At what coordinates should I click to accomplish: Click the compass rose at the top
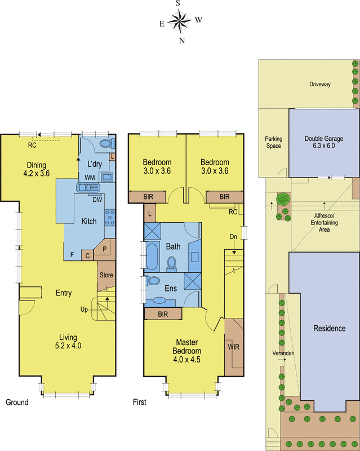coord(180,22)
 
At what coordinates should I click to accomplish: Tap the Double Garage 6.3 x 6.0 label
coord(323,143)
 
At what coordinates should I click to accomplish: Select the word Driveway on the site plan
coord(319,84)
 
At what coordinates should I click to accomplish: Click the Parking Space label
coord(274,142)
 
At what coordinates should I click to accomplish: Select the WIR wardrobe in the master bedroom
coord(233,347)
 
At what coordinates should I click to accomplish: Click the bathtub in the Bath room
coord(152,257)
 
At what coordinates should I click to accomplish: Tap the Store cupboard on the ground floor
coord(106,276)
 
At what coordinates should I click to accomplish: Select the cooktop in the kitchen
coord(110,217)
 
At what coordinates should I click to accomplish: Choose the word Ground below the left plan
coord(17,403)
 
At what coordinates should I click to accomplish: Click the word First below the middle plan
coord(139,403)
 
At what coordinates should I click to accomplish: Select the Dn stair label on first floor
coord(233,237)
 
